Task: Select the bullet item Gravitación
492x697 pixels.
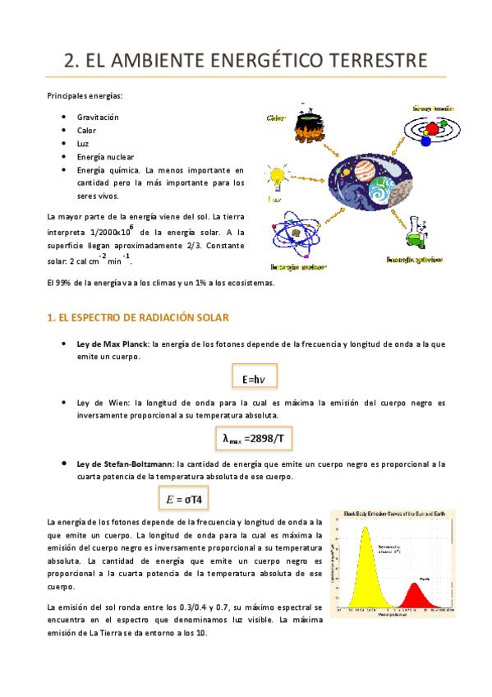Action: tap(98, 118)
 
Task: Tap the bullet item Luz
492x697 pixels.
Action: tap(83, 144)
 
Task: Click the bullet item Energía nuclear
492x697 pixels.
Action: tap(105, 157)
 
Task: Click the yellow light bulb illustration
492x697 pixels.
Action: tap(277, 176)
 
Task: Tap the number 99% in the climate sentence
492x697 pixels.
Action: tap(64, 284)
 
